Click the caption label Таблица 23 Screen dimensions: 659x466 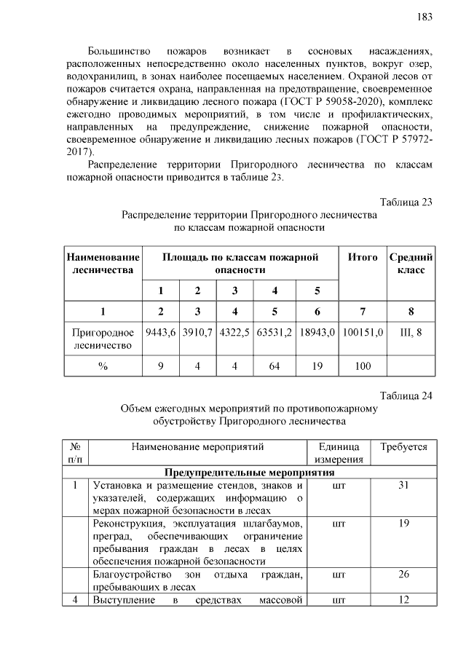point(406,202)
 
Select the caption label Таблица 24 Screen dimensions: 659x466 point(406,396)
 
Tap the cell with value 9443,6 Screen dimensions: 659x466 point(161,333)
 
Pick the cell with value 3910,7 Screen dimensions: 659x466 point(197,333)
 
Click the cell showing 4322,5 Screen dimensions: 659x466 point(234,333)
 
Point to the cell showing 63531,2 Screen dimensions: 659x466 point(275,333)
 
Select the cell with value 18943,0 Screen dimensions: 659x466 point(317,333)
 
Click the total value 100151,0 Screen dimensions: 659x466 point(363,333)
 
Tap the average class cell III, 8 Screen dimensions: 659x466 point(411,333)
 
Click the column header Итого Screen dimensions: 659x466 point(363,258)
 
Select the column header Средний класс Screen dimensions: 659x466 point(411,264)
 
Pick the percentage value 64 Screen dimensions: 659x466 point(275,366)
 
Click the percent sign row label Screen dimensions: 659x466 point(103,366)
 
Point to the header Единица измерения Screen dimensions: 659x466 point(339,452)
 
